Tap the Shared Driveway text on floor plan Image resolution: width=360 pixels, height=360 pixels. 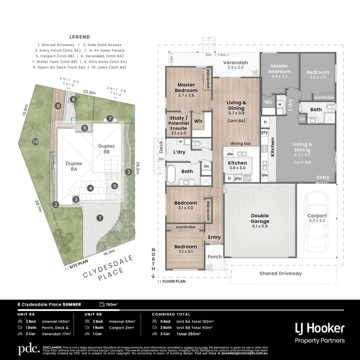pos(280,273)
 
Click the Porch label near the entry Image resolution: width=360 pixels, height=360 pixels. pos(215,256)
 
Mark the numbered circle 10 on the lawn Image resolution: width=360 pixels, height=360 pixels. pos(35,142)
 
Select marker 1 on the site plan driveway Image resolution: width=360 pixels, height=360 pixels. pos(100,217)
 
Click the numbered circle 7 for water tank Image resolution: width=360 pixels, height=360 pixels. pos(110,119)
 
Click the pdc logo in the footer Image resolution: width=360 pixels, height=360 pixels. pos(28,349)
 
